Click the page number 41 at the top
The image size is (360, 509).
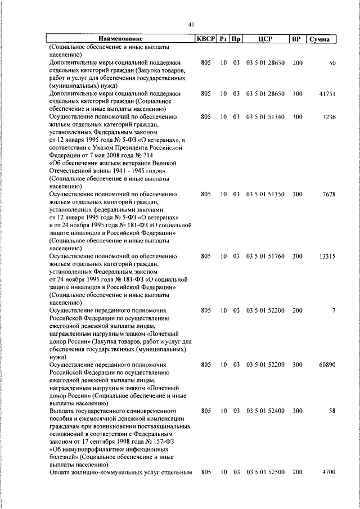[191, 24]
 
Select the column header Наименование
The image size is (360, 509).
[120, 39]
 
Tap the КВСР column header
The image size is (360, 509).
[205, 39]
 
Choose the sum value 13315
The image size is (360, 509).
[327, 256]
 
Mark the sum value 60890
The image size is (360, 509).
[327, 364]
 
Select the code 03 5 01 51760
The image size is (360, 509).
[265, 256]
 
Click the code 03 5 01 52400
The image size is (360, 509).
[265, 411]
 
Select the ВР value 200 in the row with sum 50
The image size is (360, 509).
[297, 63]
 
